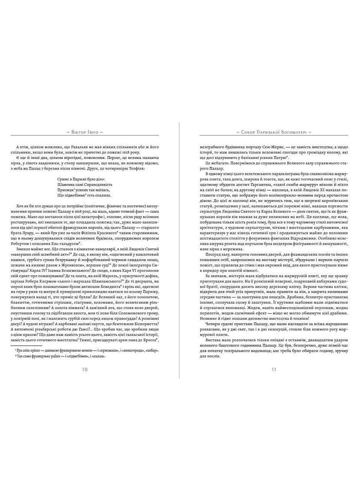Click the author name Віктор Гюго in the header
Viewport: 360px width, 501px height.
[85, 132]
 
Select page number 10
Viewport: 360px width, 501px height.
[85, 369]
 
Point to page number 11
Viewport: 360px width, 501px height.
[274, 369]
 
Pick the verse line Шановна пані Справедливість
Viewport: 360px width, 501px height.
[85, 184]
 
